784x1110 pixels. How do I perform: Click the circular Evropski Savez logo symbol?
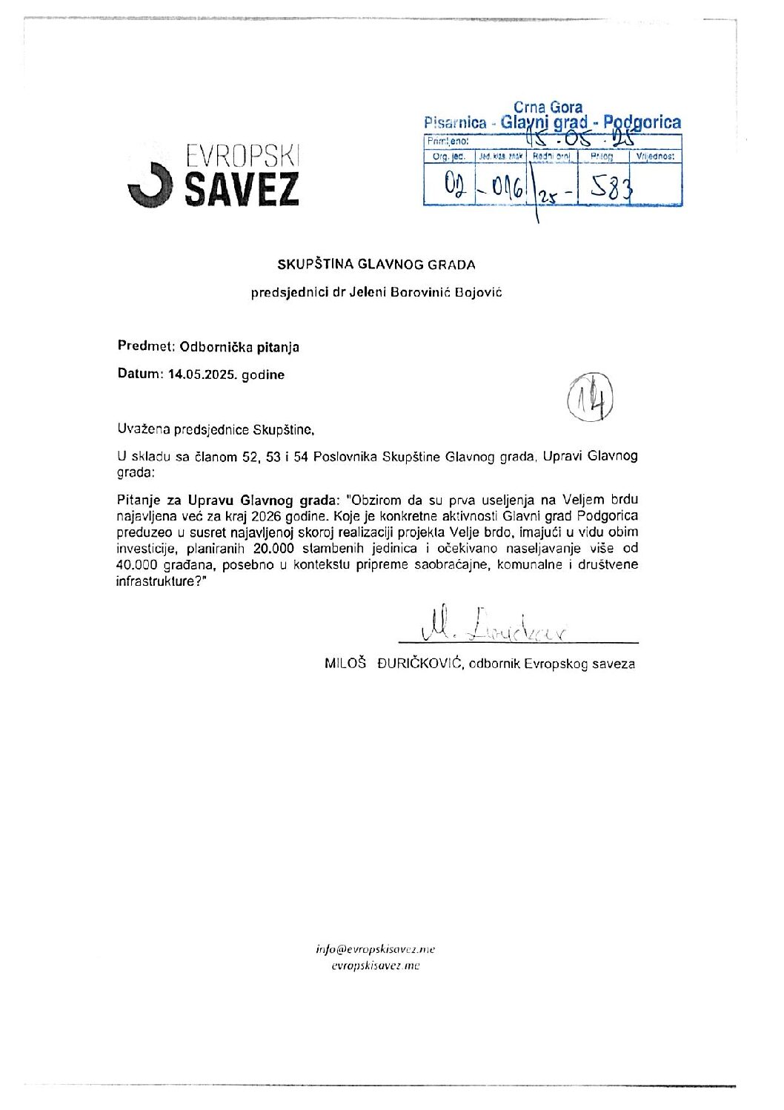(151, 185)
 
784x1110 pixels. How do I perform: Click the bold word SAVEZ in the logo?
(241, 189)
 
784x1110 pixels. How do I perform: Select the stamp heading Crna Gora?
(548, 108)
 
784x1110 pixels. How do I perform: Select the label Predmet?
(146, 346)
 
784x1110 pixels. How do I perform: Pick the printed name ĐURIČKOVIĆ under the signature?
(419, 664)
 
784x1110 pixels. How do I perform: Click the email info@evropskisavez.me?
(376, 949)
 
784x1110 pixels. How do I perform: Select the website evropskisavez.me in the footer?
(376, 965)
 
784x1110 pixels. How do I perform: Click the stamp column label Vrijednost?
(655, 157)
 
